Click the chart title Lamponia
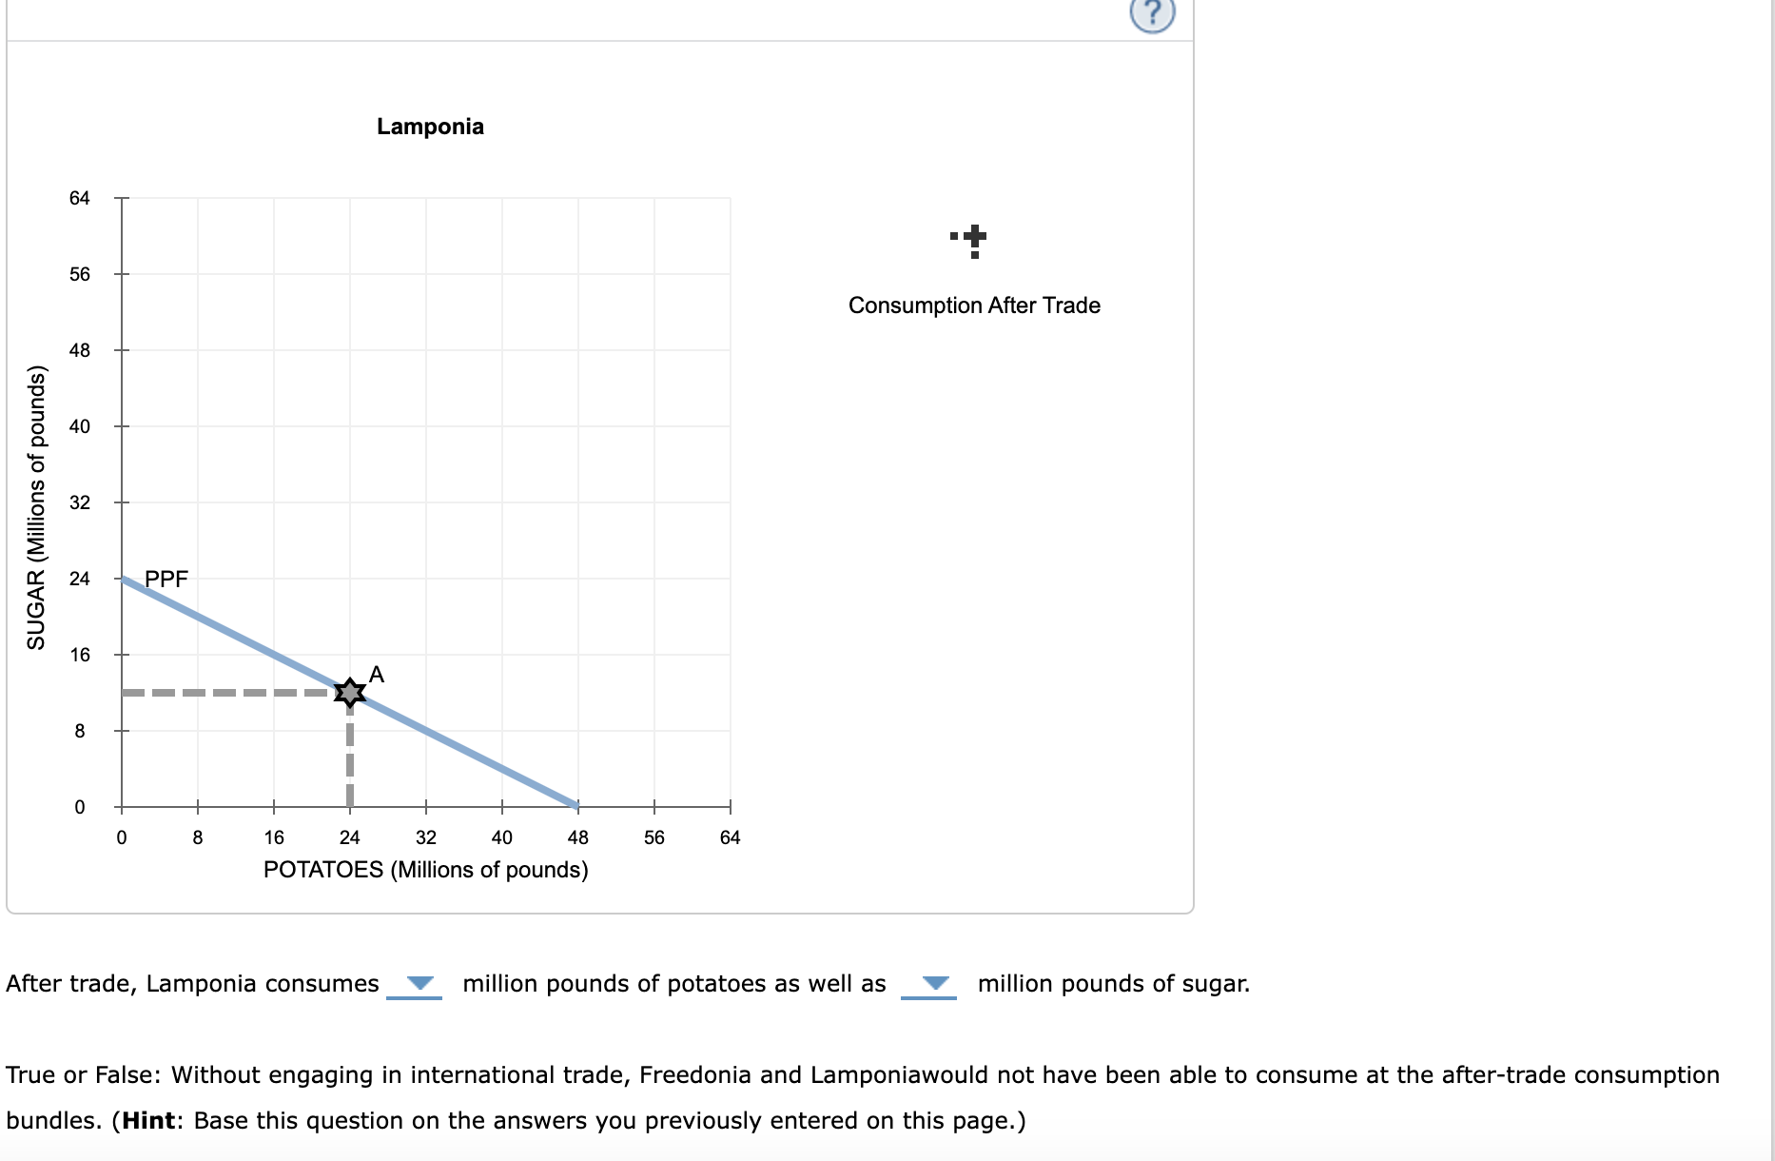(x=430, y=127)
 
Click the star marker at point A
(x=350, y=692)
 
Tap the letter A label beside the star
(x=377, y=675)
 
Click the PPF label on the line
(x=166, y=579)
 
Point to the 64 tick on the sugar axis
(x=80, y=198)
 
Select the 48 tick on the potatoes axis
(x=577, y=837)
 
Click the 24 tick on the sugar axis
(x=80, y=579)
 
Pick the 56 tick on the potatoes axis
(x=653, y=837)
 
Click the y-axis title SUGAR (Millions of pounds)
(x=36, y=507)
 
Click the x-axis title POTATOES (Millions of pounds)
(x=425, y=870)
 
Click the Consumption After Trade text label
(x=974, y=305)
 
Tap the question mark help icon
(x=1152, y=13)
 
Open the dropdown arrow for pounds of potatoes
(x=419, y=983)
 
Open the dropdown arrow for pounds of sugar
(x=935, y=983)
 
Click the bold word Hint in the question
(x=148, y=1120)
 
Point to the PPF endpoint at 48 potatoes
(x=576, y=805)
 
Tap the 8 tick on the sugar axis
(x=80, y=731)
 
